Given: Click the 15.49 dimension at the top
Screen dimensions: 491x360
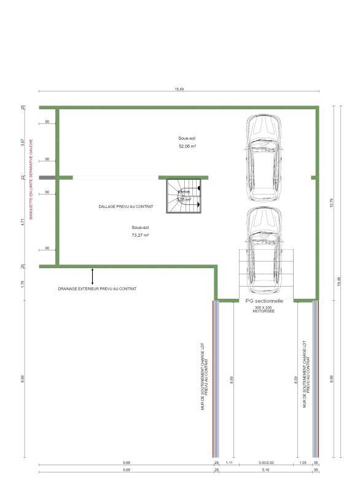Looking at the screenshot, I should [x=179, y=90].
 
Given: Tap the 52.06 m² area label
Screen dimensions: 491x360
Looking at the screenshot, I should [x=188, y=147].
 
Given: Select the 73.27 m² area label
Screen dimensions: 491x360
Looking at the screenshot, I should [x=140, y=235].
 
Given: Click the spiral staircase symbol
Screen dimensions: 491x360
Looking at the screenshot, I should [x=184, y=196].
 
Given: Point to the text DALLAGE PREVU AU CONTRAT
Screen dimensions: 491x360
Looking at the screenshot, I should [x=127, y=207].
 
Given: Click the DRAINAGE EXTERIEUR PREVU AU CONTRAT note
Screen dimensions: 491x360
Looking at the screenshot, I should [x=97, y=288].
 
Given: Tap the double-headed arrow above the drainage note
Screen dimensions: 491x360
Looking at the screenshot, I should [x=93, y=276].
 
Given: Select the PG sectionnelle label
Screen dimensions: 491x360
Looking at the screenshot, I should [x=264, y=301].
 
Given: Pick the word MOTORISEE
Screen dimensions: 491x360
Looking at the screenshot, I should [x=264, y=312].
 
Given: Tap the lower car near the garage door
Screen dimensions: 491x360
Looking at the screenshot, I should [x=264, y=249].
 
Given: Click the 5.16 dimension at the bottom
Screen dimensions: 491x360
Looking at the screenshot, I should [x=265, y=470].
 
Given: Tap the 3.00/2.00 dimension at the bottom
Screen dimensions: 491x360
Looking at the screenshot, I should [x=265, y=462].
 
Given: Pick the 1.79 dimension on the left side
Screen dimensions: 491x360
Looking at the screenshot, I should [x=23, y=283].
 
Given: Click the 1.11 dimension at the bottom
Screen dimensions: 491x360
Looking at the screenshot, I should [x=228, y=462].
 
